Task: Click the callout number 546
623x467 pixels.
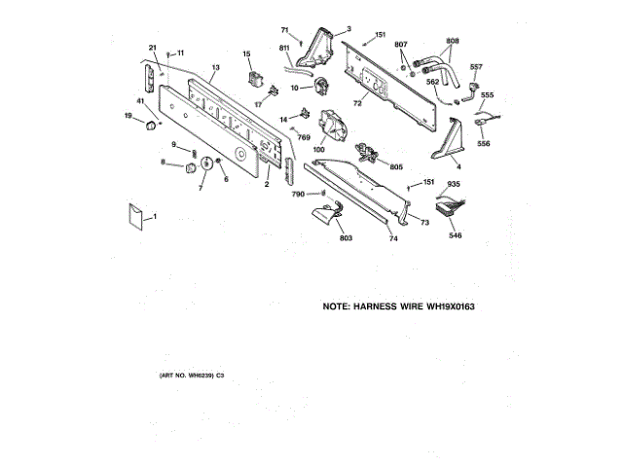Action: point(456,234)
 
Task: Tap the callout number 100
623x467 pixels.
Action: point(318,149)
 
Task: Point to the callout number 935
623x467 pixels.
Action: point(454,183)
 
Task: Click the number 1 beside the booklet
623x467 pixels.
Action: point(154,215)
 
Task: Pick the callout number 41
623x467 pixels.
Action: point(140,102)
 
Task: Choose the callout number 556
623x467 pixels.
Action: point(484,143)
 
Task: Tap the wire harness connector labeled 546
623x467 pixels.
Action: point(450,207)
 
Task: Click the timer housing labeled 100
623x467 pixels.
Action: point(335,127)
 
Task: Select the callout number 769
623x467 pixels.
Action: point(303,137)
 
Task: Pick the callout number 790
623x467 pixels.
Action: point(298,195)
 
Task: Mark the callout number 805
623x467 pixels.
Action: point(396,166)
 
